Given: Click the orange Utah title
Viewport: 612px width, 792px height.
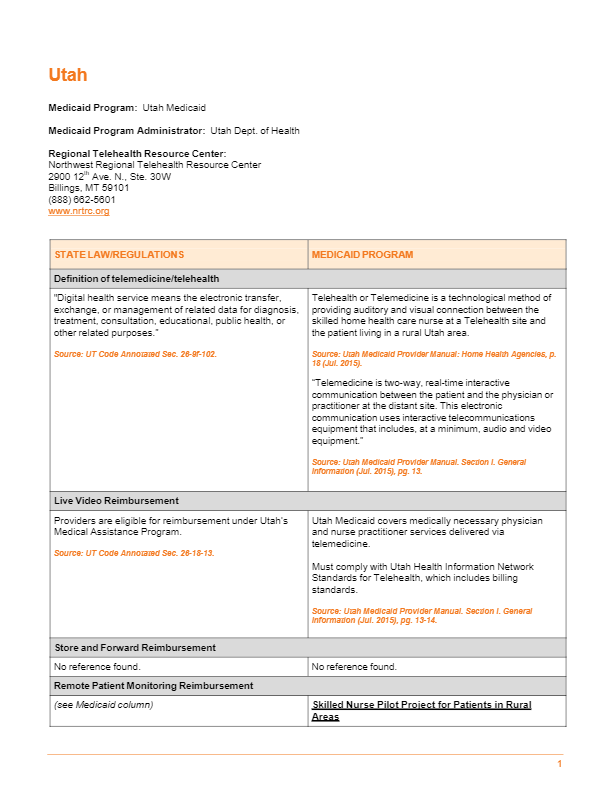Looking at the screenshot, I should [68, 75].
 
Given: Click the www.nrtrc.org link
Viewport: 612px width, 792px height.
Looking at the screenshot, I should [79, 211].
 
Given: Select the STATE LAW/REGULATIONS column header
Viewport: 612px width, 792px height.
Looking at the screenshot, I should [119, 255].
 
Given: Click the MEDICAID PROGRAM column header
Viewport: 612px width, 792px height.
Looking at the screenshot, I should [362, 255].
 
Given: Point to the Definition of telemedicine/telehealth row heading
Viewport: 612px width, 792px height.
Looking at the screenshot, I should [137, 279].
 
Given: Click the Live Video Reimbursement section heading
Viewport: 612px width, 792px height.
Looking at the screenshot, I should [116, 501].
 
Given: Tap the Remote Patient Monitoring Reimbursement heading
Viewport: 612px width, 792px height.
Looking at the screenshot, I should [153, 686].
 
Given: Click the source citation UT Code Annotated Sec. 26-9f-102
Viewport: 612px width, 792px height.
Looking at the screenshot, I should [135, 354].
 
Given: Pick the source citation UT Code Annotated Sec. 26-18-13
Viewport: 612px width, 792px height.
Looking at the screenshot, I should [134, 553].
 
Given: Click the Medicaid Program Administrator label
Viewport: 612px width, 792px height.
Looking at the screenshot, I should [127, 131].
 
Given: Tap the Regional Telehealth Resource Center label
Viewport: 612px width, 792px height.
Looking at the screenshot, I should [137, 153].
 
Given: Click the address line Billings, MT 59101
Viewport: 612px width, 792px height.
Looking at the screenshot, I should [89, 187].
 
